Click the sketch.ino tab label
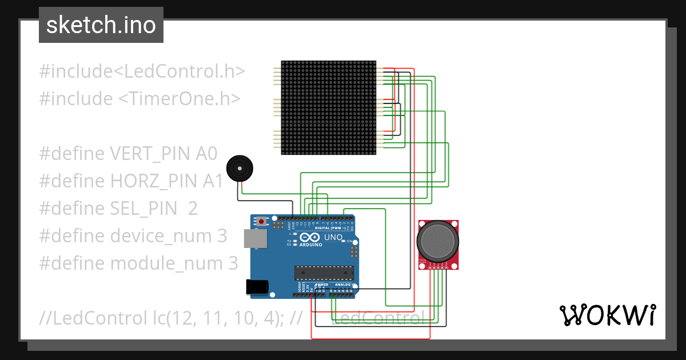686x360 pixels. tap(101, 25)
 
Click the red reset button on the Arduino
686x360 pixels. tap(262, 221)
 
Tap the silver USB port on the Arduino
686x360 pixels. tap(255, 238)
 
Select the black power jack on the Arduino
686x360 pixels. tap(257, 287)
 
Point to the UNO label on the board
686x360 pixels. tap(333, 237)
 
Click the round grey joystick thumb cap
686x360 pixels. tap(437, 241)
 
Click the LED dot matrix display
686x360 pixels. tap(329, 107)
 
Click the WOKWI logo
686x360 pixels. tap(607, 315)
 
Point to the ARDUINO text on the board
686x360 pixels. tap(309, 245)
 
